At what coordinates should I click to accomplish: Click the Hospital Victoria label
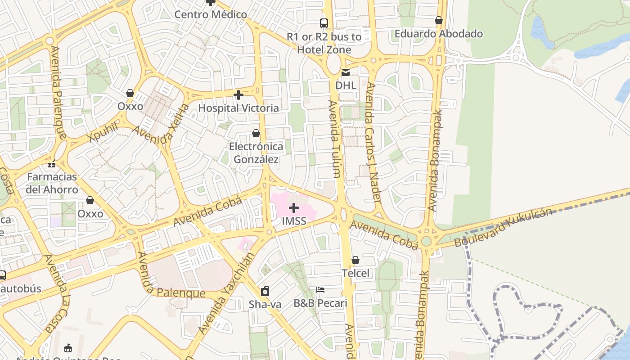point(238,108)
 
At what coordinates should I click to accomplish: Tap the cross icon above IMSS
point(294,208)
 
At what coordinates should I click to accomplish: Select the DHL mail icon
point(346,72)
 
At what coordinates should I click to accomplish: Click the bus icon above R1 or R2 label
point(324,23)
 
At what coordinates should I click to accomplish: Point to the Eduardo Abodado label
point(439,34)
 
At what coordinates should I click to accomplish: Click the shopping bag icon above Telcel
point(355,260)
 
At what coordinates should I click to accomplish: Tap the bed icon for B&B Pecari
point(320,290)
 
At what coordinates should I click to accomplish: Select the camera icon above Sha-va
point(265,291)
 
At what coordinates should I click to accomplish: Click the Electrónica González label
point(256,153)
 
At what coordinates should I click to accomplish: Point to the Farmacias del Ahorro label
point(52,183)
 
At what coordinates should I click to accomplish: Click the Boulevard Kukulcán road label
point(503,227)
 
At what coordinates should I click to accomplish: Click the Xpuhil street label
point(103,131)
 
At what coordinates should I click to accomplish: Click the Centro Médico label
point(211,14)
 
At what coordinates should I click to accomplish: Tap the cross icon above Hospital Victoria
point(238,95)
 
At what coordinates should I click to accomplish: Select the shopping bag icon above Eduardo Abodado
point(439,20)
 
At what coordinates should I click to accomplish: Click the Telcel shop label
point(355,273)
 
